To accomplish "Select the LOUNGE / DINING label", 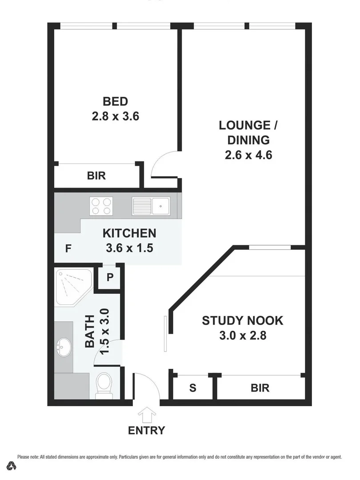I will point(248,132).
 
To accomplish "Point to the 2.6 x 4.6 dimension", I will point(248,155).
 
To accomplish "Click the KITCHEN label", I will point(129,233).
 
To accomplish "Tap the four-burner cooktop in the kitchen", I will point(101,206).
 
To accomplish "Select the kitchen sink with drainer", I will point(151,206).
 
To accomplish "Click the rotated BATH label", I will point(90,331).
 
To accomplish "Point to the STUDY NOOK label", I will point(242,320).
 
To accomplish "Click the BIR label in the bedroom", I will point(96,176).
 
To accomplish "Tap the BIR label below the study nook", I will point(260,388).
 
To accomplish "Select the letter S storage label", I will point(193,388).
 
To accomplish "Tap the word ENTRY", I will point(146,430).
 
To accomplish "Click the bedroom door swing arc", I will point(160,160).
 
